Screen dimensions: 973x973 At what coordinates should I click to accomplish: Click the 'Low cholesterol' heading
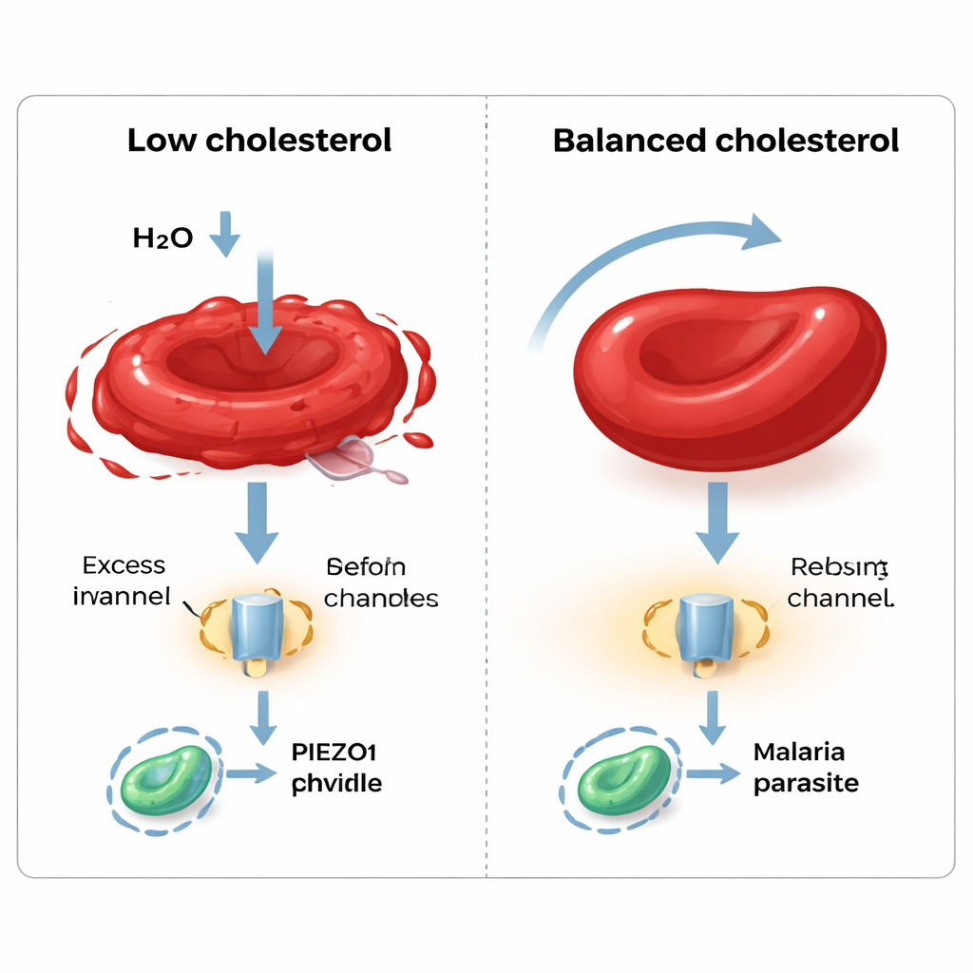(x=259, y=141)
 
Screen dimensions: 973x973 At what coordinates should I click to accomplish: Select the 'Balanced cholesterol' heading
(x=726, y=141)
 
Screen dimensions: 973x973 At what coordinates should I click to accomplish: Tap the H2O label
(x=163, y=238)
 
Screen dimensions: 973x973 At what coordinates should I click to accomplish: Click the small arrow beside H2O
(x=225, y=234)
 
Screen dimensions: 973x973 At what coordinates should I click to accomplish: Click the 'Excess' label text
(x=124, y=566)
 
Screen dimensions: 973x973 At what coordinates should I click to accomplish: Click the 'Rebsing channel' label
(x=840, y=582)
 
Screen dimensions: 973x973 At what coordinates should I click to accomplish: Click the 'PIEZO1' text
(x=332, y=754)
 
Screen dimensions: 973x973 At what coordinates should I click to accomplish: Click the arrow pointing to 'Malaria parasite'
(x=713, y=773)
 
